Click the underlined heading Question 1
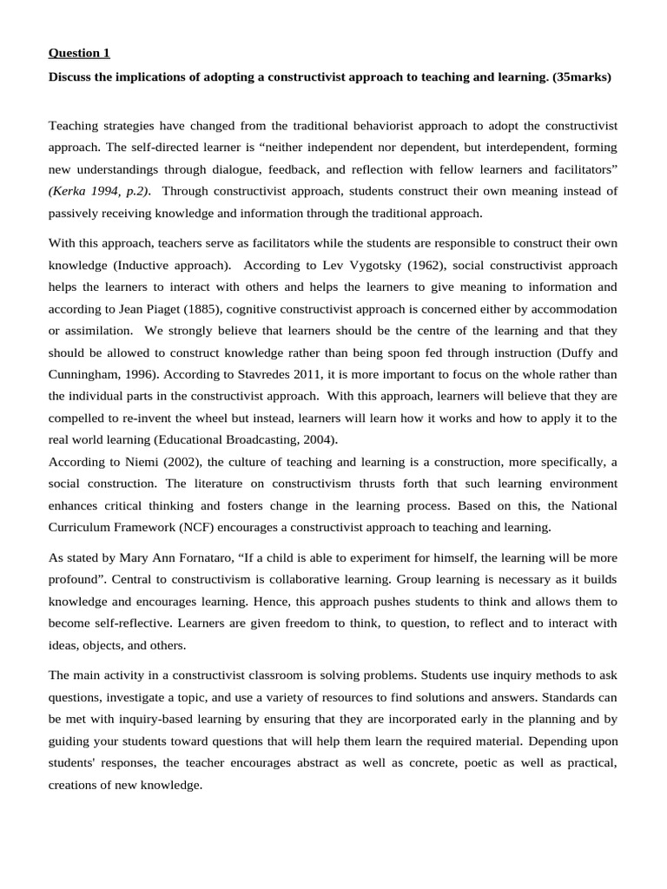pyautogui.click(x=80, y=53)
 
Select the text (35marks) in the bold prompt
pyautogui.click(x=582, y=77)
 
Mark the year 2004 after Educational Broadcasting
pyautogui.click(x=320, y=440)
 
